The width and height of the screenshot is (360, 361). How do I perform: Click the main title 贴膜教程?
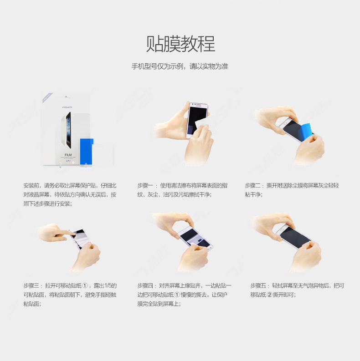coord(181,44)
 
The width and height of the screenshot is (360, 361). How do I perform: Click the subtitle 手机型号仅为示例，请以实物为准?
coord(180,66)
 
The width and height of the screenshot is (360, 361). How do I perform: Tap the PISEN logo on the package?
coord(67,107)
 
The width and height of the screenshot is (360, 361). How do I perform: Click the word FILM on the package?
coord(68,155)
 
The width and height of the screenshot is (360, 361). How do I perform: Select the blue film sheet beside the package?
coord(87,152)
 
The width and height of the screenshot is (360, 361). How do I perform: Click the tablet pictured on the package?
coord(68,130)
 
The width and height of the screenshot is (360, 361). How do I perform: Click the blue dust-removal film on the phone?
coord(305,132)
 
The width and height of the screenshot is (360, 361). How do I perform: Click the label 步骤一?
coord(145,186)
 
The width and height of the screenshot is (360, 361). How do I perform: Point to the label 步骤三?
coord(31,286)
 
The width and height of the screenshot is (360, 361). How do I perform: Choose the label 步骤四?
coord(145,286)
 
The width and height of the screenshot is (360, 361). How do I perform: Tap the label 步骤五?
coord(258,286)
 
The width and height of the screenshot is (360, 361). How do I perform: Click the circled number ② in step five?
coord(269,295)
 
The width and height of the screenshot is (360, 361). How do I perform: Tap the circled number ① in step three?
coord(85,286)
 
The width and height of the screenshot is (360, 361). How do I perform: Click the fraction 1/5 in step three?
coord(108,286)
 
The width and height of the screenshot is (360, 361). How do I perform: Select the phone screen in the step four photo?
coord(195,238)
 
